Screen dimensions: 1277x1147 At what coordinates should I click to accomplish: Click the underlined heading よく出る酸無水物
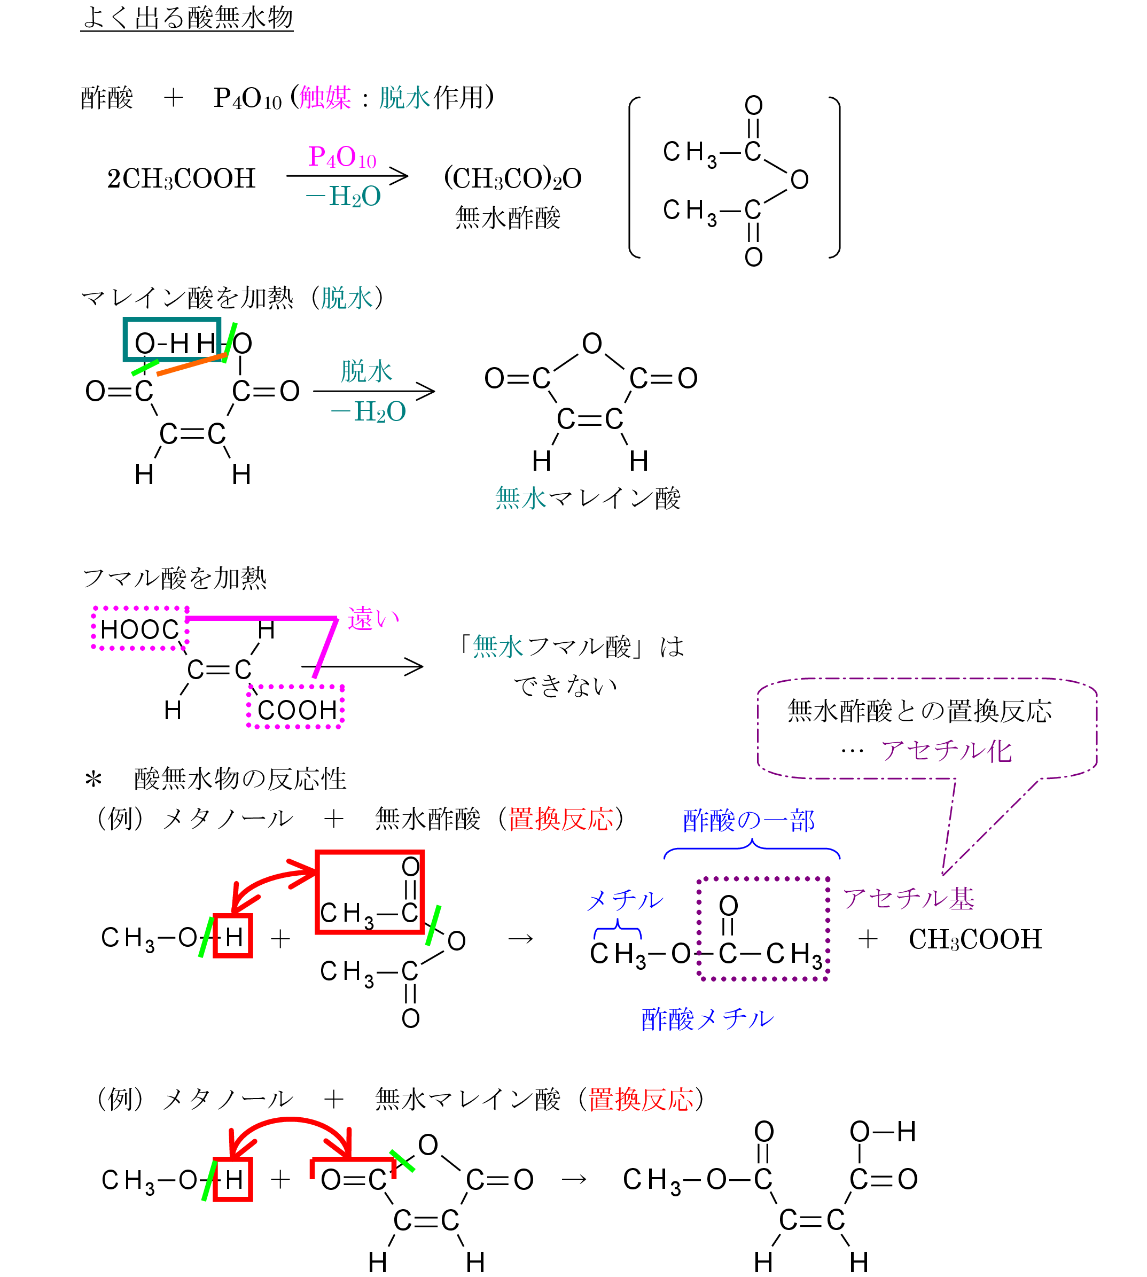click(x=187, y=18)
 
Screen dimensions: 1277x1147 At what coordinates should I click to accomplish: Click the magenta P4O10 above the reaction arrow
click(x=342, y=157)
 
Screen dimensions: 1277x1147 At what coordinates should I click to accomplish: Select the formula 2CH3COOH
click(x=182, y=179)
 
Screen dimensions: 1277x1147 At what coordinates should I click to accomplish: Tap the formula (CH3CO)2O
click(x=512, y=179)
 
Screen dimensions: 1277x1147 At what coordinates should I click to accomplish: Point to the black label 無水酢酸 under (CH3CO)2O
click(x=508, y=218)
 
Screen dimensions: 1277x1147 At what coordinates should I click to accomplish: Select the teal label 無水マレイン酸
click(x=587, y=498)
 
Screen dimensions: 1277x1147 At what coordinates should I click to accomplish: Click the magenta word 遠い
click(x=373, y=619)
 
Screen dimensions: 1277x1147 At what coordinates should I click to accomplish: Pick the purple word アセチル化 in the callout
click(x=947, y=751)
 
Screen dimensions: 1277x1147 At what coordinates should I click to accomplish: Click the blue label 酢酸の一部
click(x=748, y=821)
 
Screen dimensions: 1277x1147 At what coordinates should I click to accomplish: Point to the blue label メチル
click(x=625, y=900)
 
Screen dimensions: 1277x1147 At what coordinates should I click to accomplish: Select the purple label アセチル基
click(x=909, y=899)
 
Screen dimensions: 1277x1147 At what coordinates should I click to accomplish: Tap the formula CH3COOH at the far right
click(x=975, y=940)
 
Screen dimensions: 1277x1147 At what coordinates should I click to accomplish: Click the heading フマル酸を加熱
click(x=175, y=578)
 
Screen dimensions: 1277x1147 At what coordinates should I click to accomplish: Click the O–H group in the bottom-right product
click(x=883, y=1133)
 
